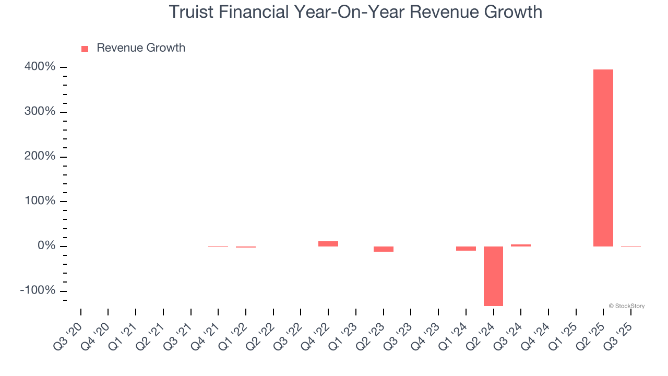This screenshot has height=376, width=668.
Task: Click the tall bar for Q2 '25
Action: point(603,158)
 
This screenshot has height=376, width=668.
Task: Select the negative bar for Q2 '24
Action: point(493,276)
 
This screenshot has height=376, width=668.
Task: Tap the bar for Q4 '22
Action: point(328,244)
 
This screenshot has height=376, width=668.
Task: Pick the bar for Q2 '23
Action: point(383,249)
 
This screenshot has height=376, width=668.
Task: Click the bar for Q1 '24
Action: point(466,249)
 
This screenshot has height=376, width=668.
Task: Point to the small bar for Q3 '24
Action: point(521,245)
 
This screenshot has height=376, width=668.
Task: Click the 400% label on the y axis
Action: point(40,67)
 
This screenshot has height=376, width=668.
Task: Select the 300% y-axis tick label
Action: point(40,112)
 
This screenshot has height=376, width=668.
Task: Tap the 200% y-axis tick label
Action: point(40,157)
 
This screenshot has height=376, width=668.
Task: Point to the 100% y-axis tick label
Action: point(40,201)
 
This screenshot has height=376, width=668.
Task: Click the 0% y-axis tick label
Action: point(46,246)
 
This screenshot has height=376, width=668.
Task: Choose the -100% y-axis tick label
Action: point(38,290)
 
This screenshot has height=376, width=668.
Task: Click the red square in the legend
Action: point(85,49)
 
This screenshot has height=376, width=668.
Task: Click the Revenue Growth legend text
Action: point(141,48)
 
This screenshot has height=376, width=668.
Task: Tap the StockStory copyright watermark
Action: point(626,306)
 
